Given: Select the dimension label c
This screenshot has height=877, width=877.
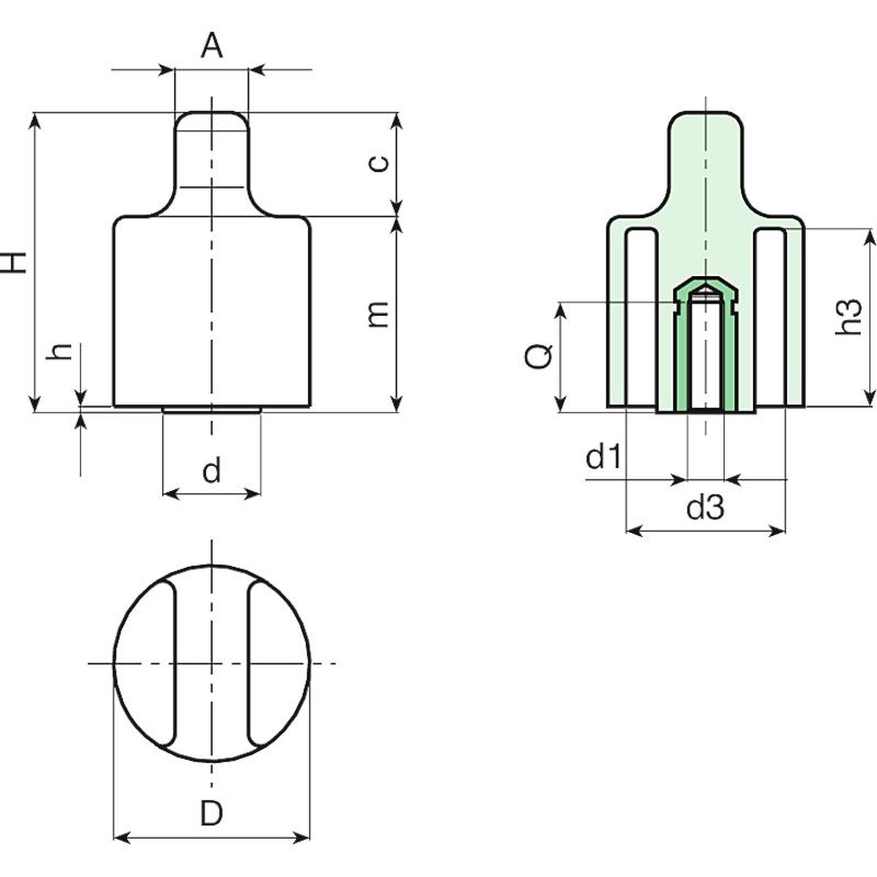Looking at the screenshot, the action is point(379,163).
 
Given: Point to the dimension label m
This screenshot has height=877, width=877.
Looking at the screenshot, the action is point(379,314).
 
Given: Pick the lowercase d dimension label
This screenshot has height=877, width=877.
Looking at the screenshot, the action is point(212,470).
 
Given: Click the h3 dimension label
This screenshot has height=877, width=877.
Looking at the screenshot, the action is point(848,316).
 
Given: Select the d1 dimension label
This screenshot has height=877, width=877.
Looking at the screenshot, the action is point(603,456).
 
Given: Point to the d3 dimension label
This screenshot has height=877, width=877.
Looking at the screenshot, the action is point(705,508).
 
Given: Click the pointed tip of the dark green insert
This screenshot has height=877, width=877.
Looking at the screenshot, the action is point(705,278).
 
